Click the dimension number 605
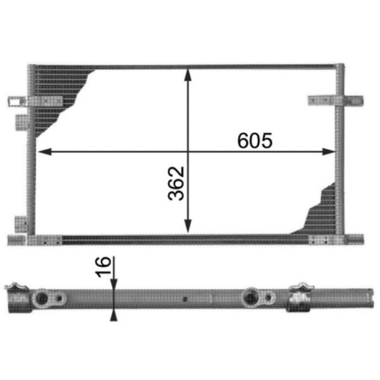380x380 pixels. pos(255,140)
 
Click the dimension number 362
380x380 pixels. pos(176,183)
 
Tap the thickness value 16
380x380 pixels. pos(103,267)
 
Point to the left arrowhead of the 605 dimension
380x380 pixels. pos(45,152)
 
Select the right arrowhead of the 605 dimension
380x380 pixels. pos(329,152)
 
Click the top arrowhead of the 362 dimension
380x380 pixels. pos(188,75)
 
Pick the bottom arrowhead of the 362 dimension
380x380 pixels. pos(188,226)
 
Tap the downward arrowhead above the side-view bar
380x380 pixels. pos(114,285)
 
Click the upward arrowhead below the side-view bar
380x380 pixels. pos(114,315)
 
